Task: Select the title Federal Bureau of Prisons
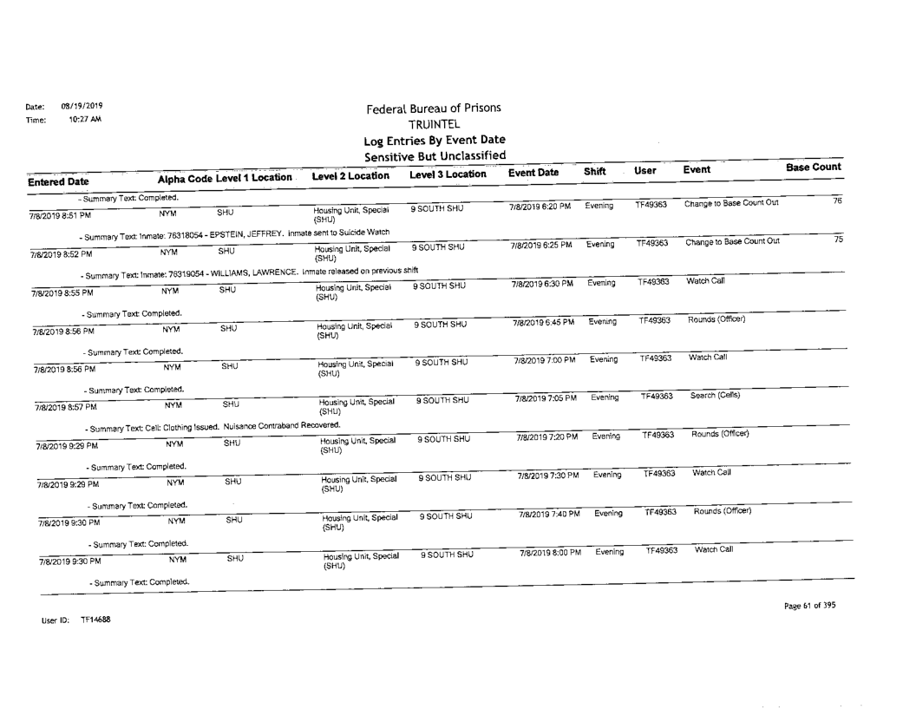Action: (x=434, y=109)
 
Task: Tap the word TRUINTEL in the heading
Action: (x=434, y=125)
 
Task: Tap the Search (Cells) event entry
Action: (x=714, y=395)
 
